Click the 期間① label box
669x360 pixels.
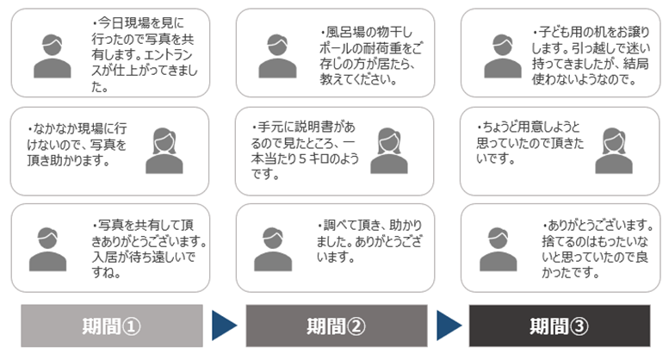tap(111, 326)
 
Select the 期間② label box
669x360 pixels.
tap(336, 326)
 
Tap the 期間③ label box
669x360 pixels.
tap(560, 326)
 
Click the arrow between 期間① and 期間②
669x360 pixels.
tap(224, 326)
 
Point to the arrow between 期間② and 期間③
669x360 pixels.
tap(449, 326)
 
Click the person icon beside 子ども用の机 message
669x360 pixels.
tap(501, 53)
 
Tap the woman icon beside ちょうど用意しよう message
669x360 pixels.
tap(613, 150)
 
